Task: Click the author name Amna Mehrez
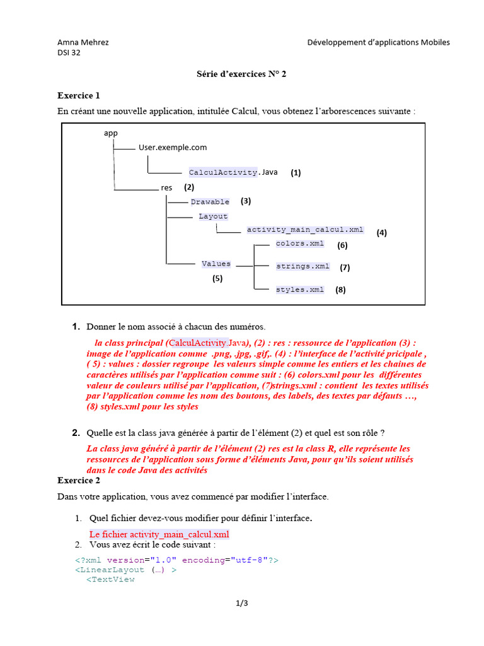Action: [x=83, y=42]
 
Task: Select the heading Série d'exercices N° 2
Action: [x=241, y=74]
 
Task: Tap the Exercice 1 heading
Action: [x=79, y=96]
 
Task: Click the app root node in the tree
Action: [x=110, y=133]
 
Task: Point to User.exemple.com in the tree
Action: [x=173, y=148]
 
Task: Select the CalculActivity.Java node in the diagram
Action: [x=233, y=172]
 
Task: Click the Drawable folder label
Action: [x=210, y=202]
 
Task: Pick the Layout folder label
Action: [x=213, y=216]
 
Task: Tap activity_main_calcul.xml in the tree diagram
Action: [x=305, y=230]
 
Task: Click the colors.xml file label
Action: [x=300, y=244]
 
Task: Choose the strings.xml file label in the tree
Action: [x=302, y=266]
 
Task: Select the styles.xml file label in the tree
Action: [x=300, y=290]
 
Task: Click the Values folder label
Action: [x=216, y=264]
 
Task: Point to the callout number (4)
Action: [x=382, y=233]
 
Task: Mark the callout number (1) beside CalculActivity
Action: [x=296, y=172]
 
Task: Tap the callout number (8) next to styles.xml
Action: [x=340, y=290]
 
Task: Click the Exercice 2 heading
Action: [x=79, y=480]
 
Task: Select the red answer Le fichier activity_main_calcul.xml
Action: [x=159, y=534]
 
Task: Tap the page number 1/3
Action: [x=242, y=604]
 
